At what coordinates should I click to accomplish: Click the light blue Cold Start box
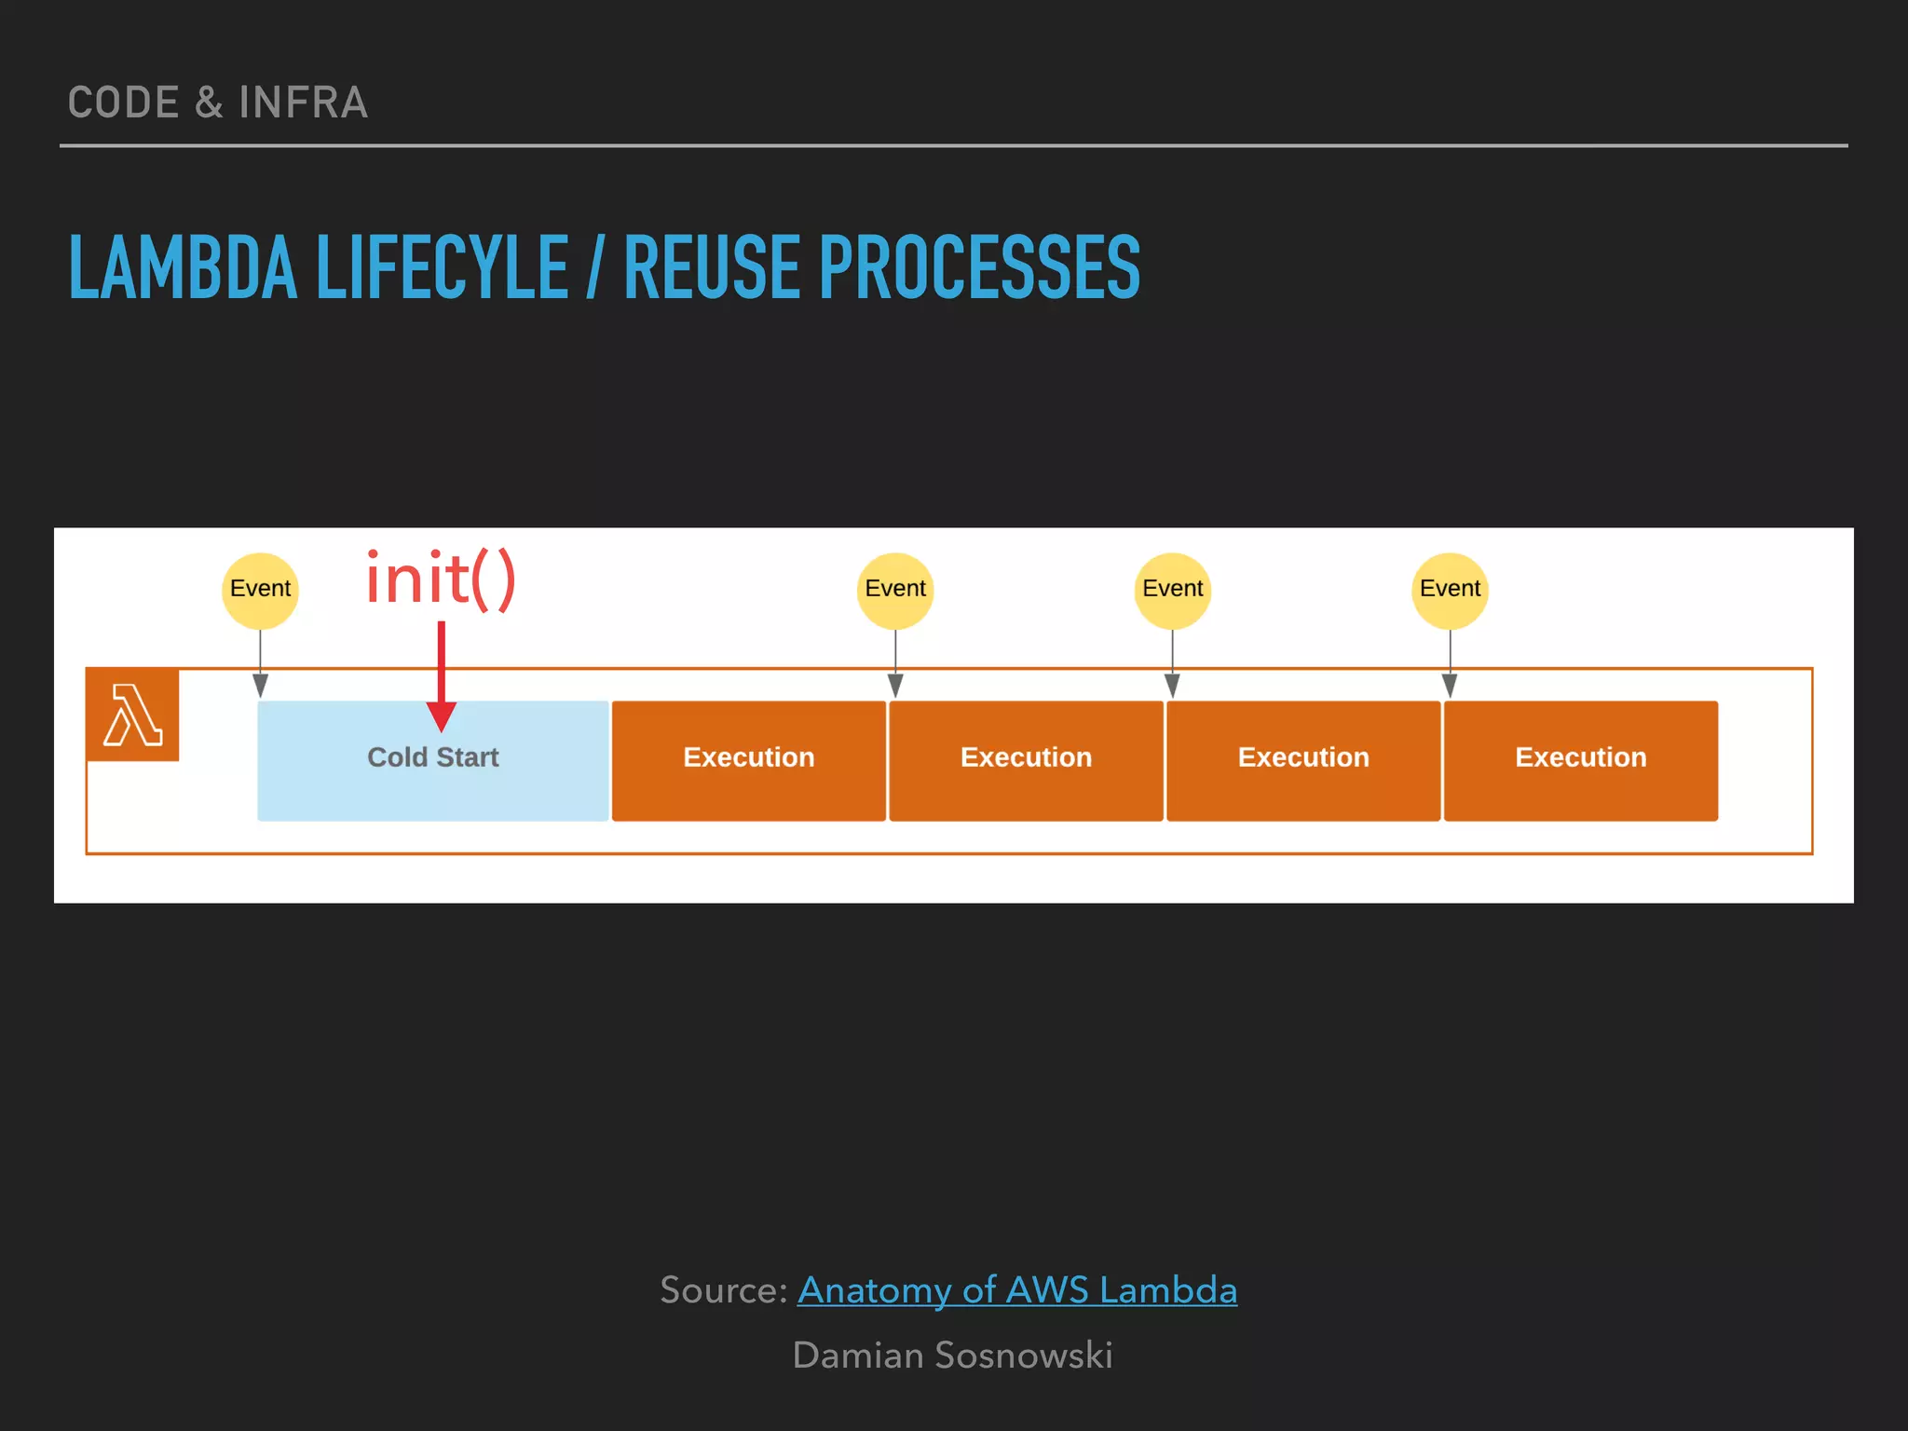pos(432,760)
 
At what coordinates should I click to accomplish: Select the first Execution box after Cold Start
pos(748,760)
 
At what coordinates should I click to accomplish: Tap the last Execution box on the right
pos(1580,760)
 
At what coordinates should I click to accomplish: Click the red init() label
pos(440,579)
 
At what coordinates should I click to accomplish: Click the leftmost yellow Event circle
pos(260,589)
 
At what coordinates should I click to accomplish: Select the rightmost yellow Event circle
pos(1450,589)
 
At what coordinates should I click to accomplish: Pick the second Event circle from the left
pos(895,589)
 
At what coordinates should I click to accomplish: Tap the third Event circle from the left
pos(1172,589)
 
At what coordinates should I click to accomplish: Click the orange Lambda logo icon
pos(132,715)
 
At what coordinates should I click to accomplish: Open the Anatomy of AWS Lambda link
pos(1016,1290)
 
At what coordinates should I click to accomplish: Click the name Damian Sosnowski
pos(952,1356)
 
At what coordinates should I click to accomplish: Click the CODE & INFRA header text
pos(218,102)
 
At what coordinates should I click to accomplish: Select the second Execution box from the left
pos(1026,760)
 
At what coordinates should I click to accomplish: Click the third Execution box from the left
pos(1303,760)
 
